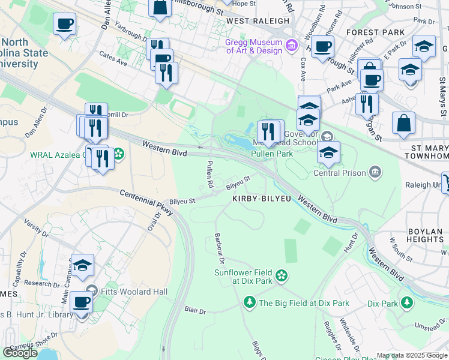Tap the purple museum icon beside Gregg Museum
click(x=292, y=46)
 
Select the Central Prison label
click(x=339, y=173)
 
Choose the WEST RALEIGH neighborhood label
click(x=258, y=20)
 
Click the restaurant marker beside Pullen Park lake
click(x=268, y=131)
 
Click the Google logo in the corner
click(x=20, y=352)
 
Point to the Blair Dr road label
click(x=195, y=311)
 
